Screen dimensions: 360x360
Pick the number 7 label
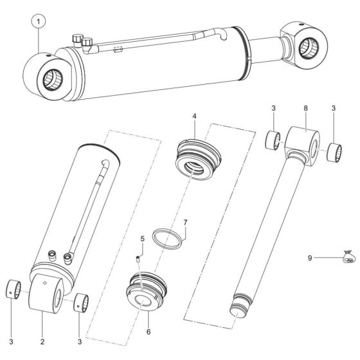coord(185,223)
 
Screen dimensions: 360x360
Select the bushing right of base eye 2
coord(81,300)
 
